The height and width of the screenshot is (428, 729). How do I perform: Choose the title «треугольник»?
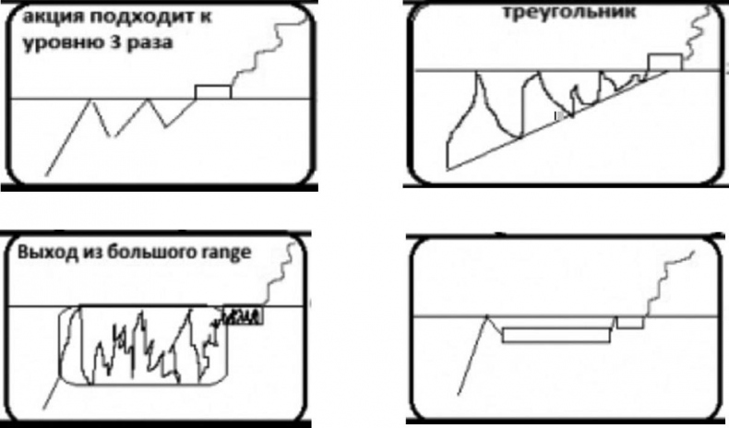[x=569, y=12]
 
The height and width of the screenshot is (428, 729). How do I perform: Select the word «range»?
[x=226, y=254]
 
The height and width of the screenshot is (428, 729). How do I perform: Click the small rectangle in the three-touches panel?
[x=213, y=92]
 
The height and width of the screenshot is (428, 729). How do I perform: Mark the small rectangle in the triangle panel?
[x=665, y=63]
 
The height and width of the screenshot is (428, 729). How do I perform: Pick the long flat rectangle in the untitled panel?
[x=556, y=335]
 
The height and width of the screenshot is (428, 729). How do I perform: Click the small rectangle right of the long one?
[x=630, y=323]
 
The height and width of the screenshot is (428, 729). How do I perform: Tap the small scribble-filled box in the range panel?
[x=244, y=315]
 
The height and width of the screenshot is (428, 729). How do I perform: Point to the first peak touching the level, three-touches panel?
[x=91, y=100]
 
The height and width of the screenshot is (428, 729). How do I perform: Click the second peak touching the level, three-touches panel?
[x=148, y=99]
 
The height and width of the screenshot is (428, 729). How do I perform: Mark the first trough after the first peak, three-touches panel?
[x=111, y=137]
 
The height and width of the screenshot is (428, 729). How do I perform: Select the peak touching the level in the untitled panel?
[x=487, y=316]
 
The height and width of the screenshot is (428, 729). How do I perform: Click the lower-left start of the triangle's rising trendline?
[x=448, y=170]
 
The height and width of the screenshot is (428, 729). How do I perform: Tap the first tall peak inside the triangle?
[x=477, y=72]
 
